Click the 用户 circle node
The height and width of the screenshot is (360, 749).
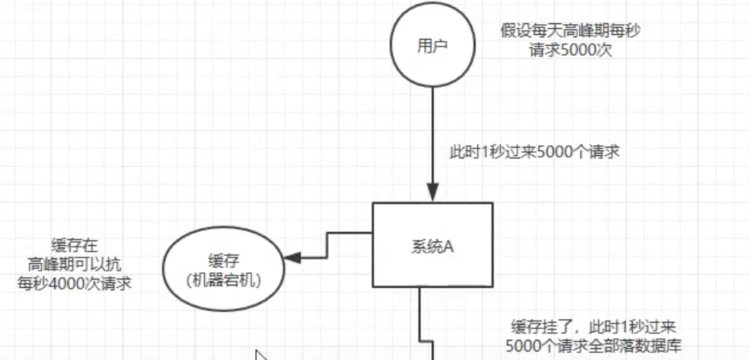pyautogui.click(x=433, y=46)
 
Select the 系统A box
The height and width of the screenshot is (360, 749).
pyautogui.click(x=433, y=244)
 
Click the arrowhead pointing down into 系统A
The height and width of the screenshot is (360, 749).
pyautogui.click(x=433, y=193)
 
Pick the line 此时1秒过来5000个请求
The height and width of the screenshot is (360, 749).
pyautogui.click(x=534, y=152)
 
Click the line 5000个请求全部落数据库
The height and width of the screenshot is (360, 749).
pyautogui.click(x=589, y=346)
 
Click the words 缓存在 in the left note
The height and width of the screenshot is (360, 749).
pyautogui.click(x=73, y=246)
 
